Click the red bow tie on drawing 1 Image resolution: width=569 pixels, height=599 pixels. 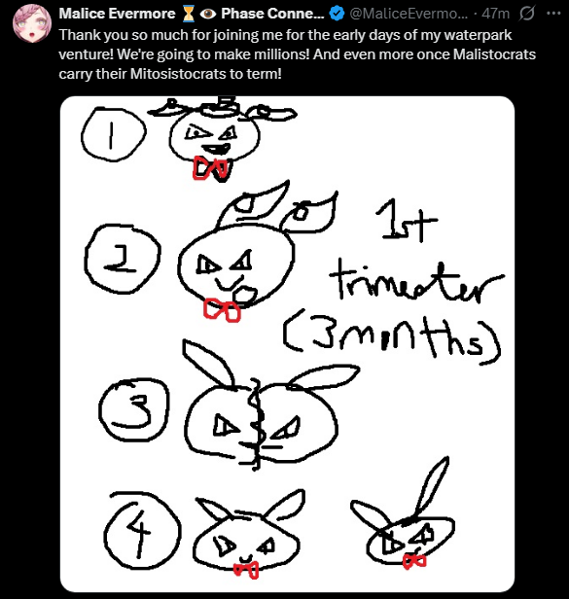(x=210, y=168)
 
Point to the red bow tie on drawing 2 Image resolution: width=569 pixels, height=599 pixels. (x=222, y=310)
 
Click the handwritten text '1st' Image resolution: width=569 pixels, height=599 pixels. (x=406, y=221)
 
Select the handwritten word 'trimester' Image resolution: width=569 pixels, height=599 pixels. (x=415, y=281)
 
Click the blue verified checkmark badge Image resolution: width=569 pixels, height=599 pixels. (x=337, y=14)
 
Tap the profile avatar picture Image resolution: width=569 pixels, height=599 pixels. (x=32, y=23)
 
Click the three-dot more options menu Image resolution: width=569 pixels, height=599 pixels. (x=553, y=14)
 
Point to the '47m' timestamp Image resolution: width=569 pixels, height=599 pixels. (x=496, y=14)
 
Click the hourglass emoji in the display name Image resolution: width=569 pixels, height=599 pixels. (x=188, y=14)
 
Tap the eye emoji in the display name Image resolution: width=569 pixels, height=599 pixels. (x=208, y=14)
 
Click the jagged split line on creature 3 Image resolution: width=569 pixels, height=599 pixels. (x=255, y=424)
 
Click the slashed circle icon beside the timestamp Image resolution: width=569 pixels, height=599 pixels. (x=526, y=14)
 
